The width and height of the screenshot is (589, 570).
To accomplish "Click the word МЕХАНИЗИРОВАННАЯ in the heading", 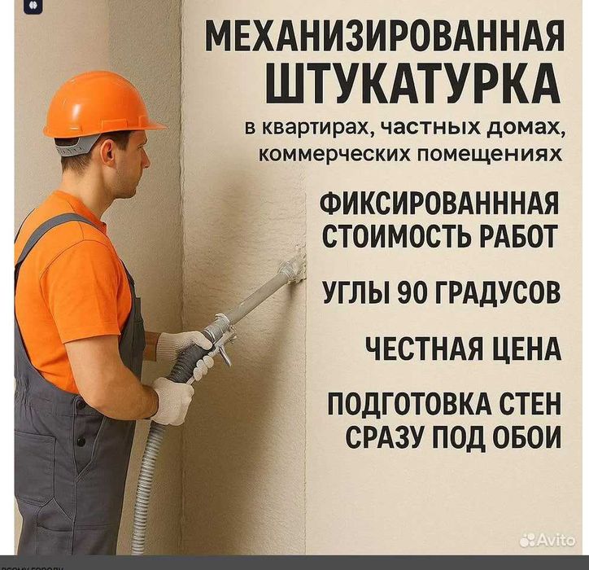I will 384,37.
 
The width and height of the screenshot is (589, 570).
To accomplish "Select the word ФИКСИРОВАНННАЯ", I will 440,204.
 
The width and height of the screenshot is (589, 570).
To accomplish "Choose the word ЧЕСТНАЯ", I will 417,349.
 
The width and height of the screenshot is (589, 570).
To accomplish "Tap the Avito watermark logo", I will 547,539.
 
